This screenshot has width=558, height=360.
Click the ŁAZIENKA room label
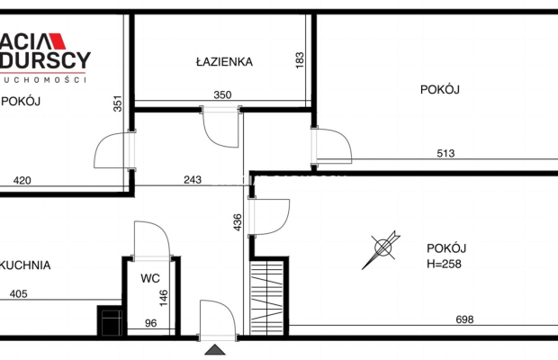pyautogui.click(x=224, y=62)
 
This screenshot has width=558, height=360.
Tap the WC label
pyautogui.click(x=149, y=278)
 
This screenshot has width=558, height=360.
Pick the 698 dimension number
pyautogui.click(x=464, y=319)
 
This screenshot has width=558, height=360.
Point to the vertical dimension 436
pyautogui.click(x=237, y=221)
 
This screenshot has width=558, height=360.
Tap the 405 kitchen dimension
pyautogui.click(x=19, y=293)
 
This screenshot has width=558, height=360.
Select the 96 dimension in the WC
pyautogui.click(x=150, y=323)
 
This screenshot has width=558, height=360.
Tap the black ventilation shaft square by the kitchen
pyautogui.click(x=109, y=321)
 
